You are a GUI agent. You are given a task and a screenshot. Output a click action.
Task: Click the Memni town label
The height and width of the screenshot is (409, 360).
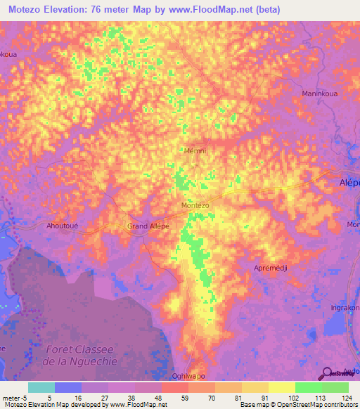(x=193, y=150)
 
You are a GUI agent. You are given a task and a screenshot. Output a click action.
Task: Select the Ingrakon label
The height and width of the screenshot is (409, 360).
(x=345, y=308)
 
